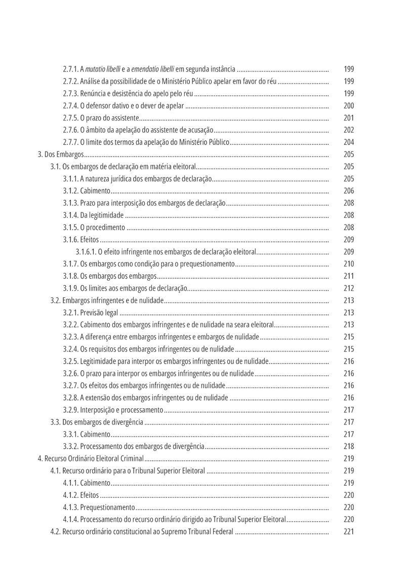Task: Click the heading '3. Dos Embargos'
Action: click(61, 154)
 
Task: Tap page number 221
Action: click(348, 531)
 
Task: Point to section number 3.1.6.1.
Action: click(85, 252)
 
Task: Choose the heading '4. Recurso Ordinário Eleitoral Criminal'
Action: click(91, 458)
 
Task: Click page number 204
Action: click(348, 142)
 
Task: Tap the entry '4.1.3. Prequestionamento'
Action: click(99, 507)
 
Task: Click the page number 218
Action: click(348, 446)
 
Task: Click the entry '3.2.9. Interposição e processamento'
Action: click(113, 410)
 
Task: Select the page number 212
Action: click(348, 288)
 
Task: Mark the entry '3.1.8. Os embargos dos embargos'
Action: click(109, 276)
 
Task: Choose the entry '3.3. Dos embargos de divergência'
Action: click(96, 422)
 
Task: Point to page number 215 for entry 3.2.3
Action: click(348, 337)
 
